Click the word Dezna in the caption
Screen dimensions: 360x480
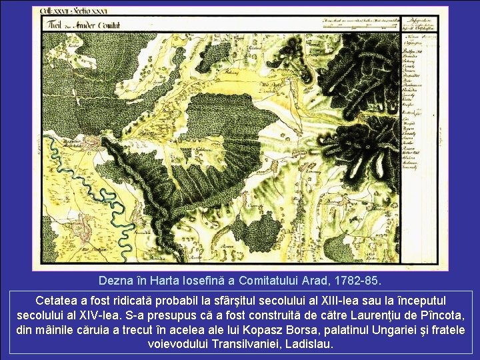[x=115, y=279]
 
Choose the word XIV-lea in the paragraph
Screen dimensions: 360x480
[x=93, y=315]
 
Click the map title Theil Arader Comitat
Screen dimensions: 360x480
[x=81, y=25]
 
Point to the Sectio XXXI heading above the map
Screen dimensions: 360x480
[x=89, y=11]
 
